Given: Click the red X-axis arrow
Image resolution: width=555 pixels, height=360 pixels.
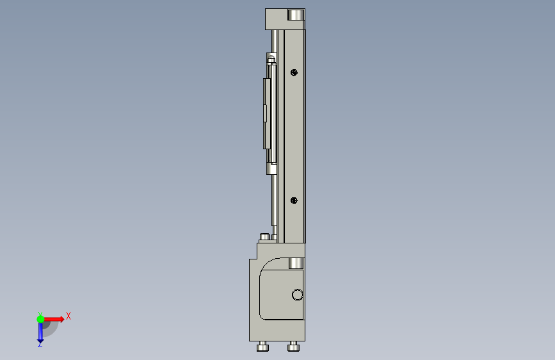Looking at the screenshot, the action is (x=53, y=319).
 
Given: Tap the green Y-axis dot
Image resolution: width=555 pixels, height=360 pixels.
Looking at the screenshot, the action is (x=40, y=319).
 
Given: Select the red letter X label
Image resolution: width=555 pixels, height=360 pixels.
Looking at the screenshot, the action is (x=68, y=316).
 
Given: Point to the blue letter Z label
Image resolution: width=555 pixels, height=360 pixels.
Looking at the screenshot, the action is (x=40, y=344).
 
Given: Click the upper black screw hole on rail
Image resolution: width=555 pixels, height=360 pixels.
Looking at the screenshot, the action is (x=294, y=72).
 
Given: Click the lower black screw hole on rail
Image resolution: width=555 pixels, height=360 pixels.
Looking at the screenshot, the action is (x=294, y=200).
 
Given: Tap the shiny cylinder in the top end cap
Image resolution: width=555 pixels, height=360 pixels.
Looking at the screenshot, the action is (x=296, y=15).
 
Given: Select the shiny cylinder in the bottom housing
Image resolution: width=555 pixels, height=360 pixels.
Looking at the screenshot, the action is (x=296, y=263).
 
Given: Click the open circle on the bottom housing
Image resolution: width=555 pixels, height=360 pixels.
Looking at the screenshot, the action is (x=297, y=295).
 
